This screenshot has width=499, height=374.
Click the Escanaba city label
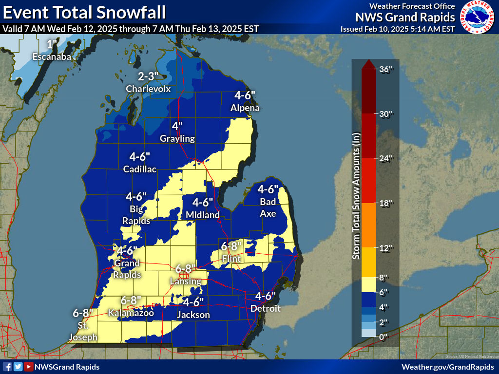[52, 57]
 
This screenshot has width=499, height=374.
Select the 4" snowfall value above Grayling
[177, 126]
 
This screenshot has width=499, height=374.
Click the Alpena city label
[245, 108]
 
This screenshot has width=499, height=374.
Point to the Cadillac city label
[140, 169]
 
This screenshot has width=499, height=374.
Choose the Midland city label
[203, 215]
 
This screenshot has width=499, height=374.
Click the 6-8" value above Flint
[231, 246]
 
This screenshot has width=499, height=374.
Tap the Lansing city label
[185, 281]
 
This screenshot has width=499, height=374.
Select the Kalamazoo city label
[131, 313]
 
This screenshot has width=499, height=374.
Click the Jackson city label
[193, 315]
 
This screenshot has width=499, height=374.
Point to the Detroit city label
[265, 309]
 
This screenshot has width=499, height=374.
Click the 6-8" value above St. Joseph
[82, 313]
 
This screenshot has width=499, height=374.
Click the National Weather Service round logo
[477, 17]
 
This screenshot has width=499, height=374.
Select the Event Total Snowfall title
[84, 12]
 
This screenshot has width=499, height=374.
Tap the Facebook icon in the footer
[7, 367]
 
